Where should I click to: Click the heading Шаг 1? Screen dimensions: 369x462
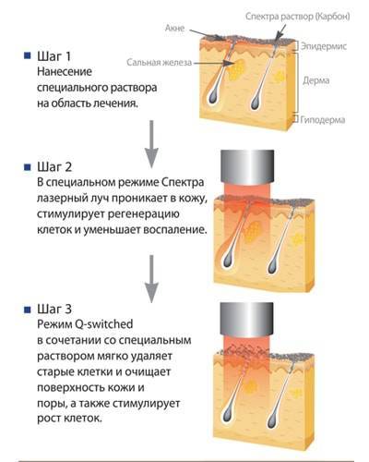pos(54,56)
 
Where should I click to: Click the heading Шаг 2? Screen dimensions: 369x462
pos(54,167)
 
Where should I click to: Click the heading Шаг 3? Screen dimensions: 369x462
pos(54,309)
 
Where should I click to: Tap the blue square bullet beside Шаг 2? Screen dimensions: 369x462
pos(28,167)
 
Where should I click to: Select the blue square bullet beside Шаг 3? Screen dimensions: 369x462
pos(28,310)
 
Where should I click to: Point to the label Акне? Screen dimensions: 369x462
pos(174,28)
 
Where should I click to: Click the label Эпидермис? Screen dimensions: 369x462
pos(324,46)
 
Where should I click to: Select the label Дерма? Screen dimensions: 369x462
pos(316,80)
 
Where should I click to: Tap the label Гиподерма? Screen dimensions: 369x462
pos(323,119)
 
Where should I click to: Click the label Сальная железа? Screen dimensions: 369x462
pos(160,63)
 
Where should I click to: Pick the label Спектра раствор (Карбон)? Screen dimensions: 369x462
pos(297,17)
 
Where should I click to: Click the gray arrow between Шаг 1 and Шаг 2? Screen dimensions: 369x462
pos(151,144)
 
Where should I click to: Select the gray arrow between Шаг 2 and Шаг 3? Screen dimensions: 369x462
pos(151,279)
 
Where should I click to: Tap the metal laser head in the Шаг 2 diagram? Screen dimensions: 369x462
pos(247,166)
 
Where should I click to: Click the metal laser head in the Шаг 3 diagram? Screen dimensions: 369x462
pos(247,319)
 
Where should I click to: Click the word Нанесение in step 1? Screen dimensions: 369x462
pos(65,72)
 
